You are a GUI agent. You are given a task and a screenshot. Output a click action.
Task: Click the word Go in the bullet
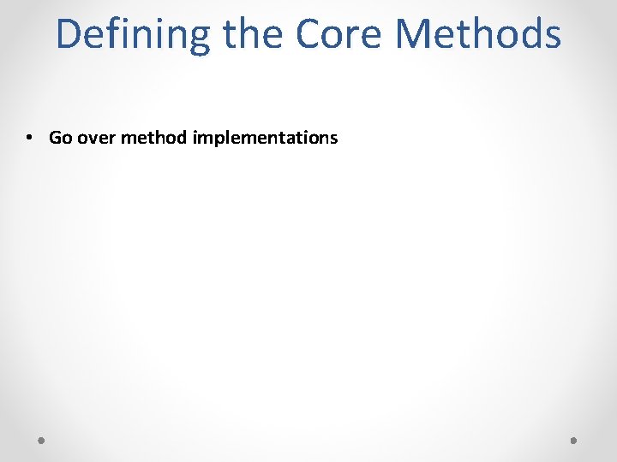(x=61, y=138)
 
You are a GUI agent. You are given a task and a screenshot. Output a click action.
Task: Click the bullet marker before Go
(x=29, y=138)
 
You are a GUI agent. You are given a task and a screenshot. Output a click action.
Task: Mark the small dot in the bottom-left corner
(x=42, y=441)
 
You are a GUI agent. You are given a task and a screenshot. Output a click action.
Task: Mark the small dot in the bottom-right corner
(x=574, y=441)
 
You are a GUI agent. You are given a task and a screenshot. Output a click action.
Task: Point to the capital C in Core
(x=308, y=34)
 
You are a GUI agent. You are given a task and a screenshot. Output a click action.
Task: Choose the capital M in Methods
(x=414, y=34)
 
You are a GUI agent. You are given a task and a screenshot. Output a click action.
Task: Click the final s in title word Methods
(x=553, y=36)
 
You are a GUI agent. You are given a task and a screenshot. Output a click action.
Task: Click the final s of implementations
(x=334, y=139)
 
